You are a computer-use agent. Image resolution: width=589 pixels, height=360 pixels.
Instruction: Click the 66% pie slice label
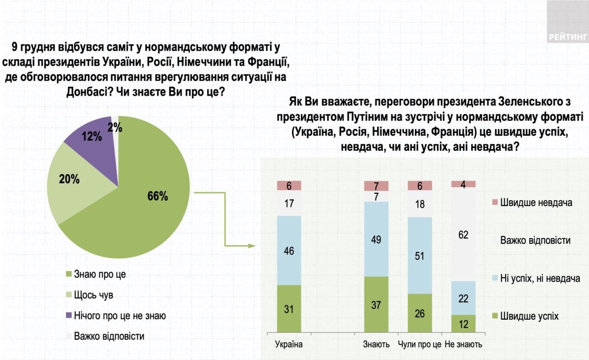[x=158, y=197]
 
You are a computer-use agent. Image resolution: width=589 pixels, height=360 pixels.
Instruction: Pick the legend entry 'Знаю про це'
[x=98, y=274]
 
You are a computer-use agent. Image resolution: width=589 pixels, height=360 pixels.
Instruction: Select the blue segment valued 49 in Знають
[x=376, y=239]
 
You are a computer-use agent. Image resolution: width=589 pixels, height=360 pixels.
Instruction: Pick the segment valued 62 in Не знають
[x=463, y=234]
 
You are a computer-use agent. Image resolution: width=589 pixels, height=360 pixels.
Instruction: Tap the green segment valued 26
[x=420, y=314]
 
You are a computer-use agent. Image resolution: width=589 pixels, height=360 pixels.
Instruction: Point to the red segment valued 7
[x=376, y=186]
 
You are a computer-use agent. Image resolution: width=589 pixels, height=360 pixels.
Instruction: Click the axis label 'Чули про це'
[x=420, y=344]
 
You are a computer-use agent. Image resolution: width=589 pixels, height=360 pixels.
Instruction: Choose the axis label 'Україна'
[x=289, y=344]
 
